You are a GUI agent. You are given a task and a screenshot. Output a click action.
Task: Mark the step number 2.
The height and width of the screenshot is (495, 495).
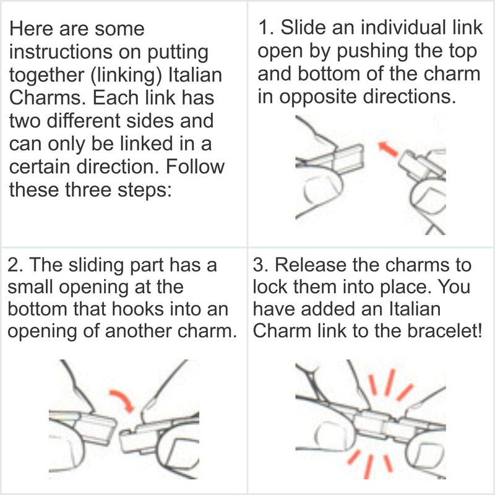click(13, 265)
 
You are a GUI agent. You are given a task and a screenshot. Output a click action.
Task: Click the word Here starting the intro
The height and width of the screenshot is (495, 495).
click(31, 30)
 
